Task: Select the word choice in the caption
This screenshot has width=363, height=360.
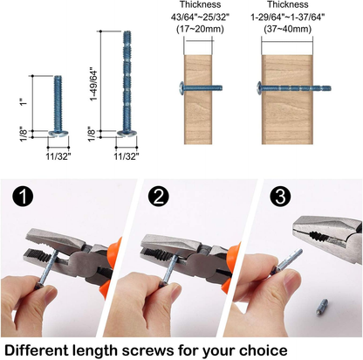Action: click(261, 348)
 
